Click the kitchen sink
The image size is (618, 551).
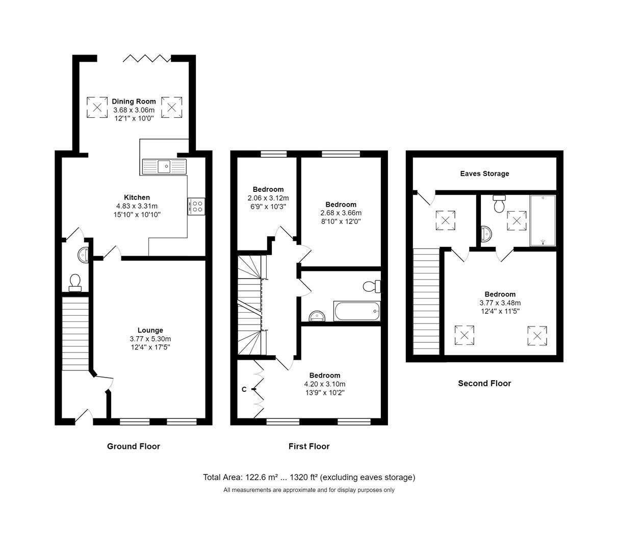coord(164,166)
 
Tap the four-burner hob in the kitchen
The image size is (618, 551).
coord(196,206)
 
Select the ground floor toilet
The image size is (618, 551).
coord(75,283)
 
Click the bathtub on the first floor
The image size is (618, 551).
coord(357,311)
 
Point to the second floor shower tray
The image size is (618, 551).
coord(543,220)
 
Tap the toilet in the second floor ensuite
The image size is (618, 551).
coord(499,204)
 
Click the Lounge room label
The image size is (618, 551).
coord(150,330)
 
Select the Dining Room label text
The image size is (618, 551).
coord(134,102)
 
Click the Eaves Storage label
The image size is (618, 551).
coord(484,173)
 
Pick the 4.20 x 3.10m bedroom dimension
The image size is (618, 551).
coord(325,384)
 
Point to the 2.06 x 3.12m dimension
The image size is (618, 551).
coord(268,198)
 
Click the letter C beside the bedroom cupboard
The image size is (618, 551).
coord(244,389)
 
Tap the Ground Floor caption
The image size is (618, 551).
coord(133,446)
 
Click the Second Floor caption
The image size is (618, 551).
coord(484,384)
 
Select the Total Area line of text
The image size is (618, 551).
coord(309,477)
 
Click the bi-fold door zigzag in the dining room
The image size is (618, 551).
coord(147,58)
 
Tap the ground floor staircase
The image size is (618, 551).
coord(75,334)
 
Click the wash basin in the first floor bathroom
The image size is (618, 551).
coord(317,316)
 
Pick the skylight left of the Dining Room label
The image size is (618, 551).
coord(97,107)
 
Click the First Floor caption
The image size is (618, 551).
coord(309,446)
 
